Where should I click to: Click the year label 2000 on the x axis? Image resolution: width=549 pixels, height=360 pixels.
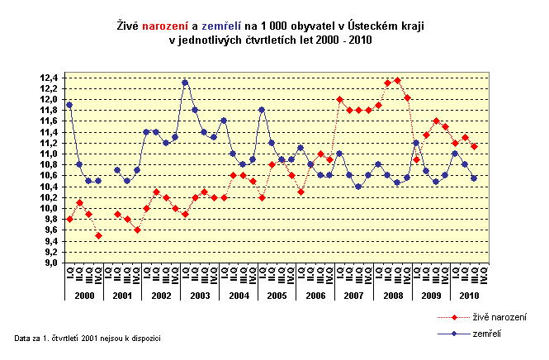(83, 295)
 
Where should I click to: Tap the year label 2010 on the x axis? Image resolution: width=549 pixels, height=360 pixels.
(468, 295)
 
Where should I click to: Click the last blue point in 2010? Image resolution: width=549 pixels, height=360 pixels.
(475, 178)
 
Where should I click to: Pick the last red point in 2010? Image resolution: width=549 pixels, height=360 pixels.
(475, 146)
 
